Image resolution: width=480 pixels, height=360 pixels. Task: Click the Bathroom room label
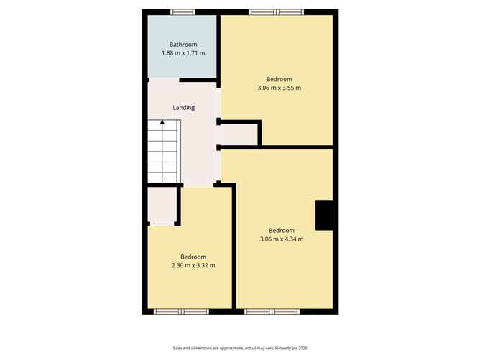click(183, 45)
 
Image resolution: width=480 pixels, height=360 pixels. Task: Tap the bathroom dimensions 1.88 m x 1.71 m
click(183, 53)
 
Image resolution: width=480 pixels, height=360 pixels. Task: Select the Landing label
click(184, 108)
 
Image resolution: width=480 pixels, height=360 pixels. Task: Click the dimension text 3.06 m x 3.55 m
click(279, 88)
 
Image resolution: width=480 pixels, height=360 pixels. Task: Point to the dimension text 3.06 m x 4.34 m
click(281, 239)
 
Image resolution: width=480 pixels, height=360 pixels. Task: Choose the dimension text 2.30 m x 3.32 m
click(193, 266)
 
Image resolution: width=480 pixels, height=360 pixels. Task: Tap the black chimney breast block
click(326, 215)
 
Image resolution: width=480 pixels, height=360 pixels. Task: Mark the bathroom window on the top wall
click(182, 11)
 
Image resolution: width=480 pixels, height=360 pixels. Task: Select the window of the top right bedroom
click(277, 11)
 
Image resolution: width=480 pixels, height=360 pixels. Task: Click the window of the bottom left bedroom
click(181, 312)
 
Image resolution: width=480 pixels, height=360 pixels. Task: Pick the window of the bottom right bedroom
click(272, 312)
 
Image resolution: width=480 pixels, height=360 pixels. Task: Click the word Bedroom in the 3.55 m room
click(279, 79)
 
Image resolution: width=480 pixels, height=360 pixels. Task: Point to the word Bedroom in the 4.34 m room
click(281, 230)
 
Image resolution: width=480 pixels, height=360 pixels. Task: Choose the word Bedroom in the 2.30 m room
click(193, 257)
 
